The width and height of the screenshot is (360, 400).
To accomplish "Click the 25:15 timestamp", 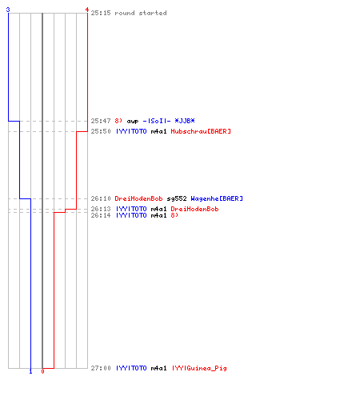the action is click(101, 13).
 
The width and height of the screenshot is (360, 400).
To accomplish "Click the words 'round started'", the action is click(141, 13).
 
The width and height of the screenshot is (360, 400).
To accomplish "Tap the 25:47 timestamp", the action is click(101, 121).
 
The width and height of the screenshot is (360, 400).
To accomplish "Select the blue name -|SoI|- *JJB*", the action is click(169, 121).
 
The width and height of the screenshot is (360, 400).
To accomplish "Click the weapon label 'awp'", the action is click(133, 122).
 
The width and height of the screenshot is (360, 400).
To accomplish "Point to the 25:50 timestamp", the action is click(101, 131).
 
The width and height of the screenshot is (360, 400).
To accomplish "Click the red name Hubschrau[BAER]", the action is click(201, 131).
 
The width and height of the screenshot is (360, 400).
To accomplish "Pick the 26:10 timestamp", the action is click(101, 198).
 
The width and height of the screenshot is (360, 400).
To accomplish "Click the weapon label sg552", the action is click(177, 199).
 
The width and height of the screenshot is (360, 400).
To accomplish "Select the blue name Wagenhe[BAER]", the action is click(217, 198).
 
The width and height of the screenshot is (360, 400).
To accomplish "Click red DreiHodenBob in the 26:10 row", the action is click(138, 198).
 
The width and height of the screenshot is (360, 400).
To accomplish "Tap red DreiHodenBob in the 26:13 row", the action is click(194, 209).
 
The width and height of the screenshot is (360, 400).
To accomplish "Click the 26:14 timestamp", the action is click(101, 215).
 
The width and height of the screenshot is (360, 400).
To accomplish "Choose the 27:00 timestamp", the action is click(101, 368).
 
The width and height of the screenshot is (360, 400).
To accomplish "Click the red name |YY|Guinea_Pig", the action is click(199, 369).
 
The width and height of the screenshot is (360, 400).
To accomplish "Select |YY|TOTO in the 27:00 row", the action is click(131, 368).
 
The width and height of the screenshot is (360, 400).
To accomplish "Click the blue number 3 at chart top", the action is click(8, 10).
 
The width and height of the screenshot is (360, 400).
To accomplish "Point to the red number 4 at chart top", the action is click(87, 10).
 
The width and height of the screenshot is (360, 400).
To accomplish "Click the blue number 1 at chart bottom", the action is click(30, 371).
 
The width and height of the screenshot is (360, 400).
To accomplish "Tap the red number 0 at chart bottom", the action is click(42, 371).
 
